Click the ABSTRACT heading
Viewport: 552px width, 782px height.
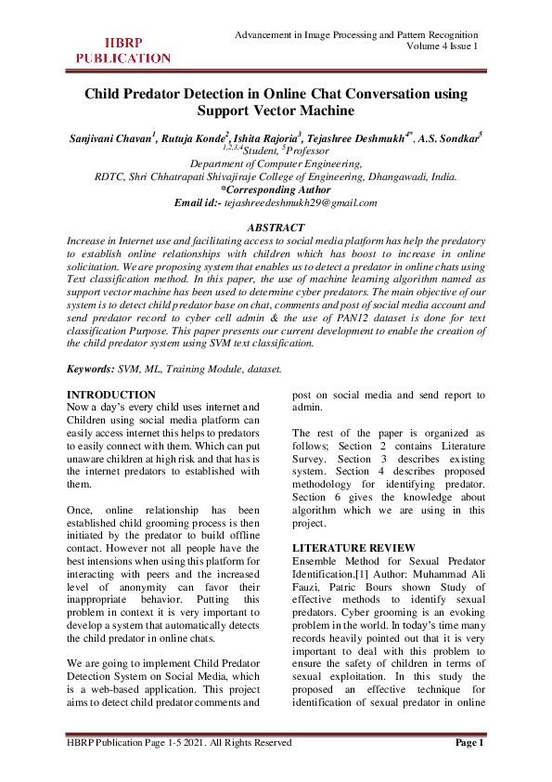click(276, 228)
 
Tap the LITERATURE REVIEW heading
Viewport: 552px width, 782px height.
click(350, 548)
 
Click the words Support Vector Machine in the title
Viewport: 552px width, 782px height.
click(276, 111)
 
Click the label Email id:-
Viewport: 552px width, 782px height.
click(199, 202)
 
